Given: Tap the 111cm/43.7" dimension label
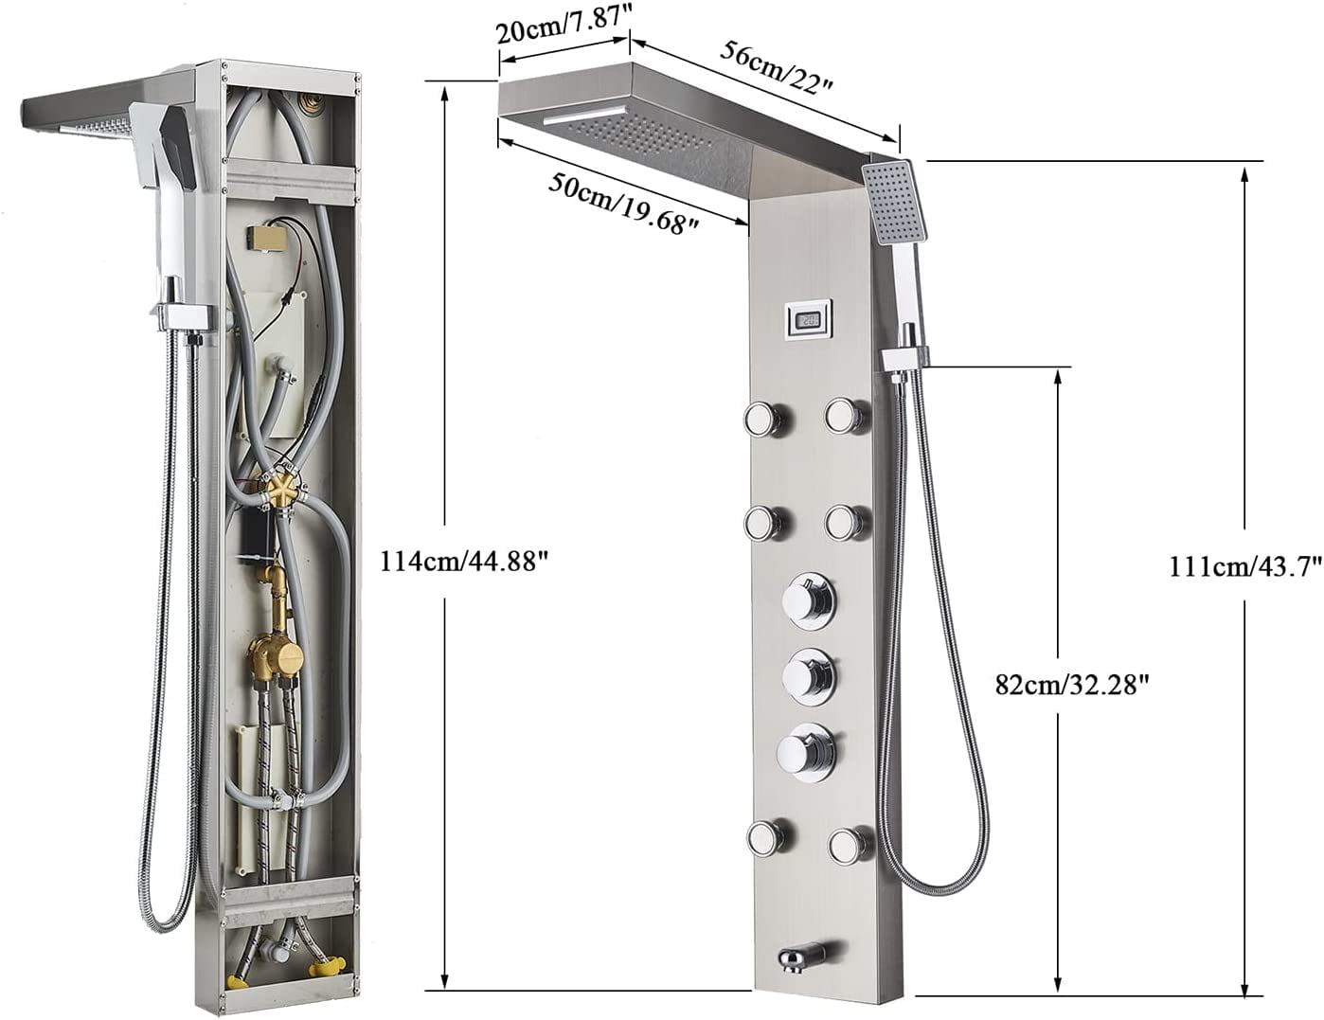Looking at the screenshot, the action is pos(1232,567).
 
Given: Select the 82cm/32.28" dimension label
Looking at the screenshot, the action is pos(1077,684).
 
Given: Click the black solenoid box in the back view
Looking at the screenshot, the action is pos(255,533).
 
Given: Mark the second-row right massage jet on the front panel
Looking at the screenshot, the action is pos(846,520).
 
